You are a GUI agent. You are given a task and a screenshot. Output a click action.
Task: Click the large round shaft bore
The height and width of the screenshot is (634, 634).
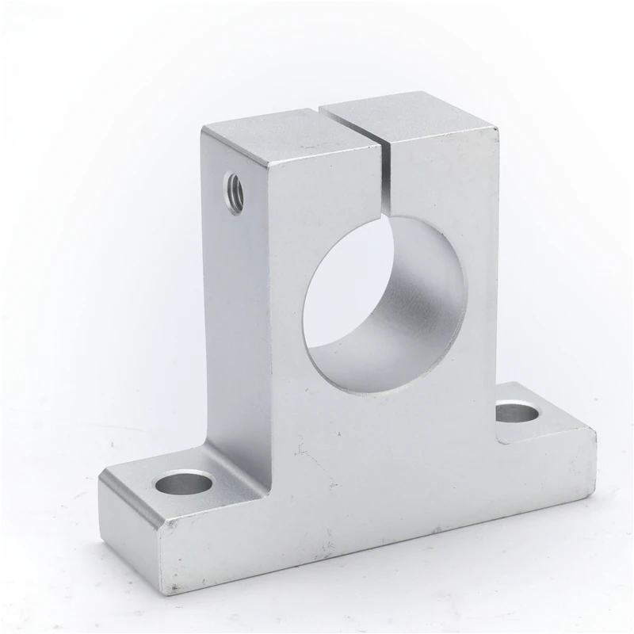click(x=384, y=305)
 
